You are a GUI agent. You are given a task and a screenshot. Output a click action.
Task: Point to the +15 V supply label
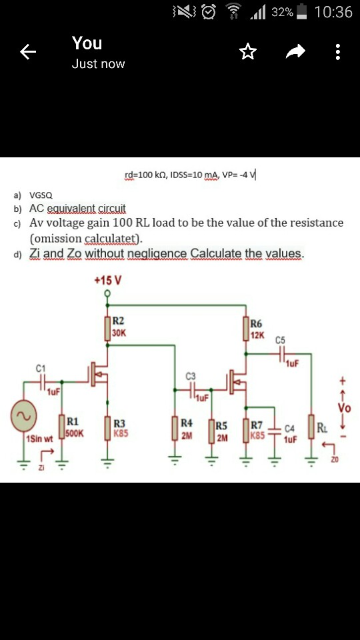[107, 280]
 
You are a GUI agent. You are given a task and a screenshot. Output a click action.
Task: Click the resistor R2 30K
[108, 329]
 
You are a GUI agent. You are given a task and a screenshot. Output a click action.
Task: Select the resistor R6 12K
[245, 329]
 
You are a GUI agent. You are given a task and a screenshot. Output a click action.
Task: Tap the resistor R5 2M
[212, 431]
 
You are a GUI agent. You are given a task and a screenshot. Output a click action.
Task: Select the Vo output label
[344, 407]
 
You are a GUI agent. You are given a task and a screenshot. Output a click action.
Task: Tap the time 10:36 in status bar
[333, 12]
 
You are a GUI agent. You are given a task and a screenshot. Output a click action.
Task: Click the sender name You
[87, 43]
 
